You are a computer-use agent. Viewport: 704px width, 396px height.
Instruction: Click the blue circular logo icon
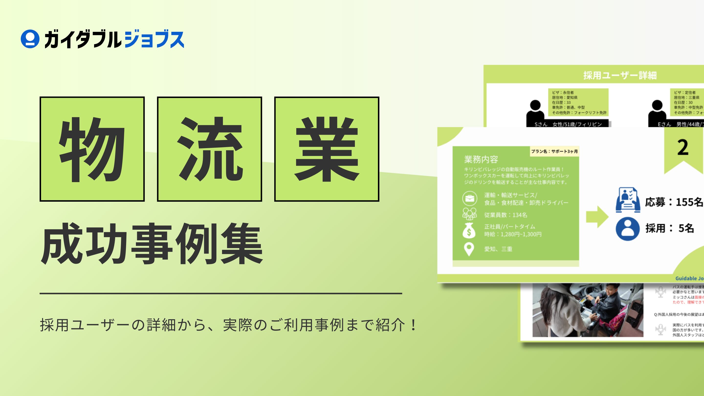[30, 39]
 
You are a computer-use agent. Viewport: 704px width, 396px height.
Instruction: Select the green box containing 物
[92, 149]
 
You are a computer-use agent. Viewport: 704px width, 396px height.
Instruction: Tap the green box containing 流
[209, 149]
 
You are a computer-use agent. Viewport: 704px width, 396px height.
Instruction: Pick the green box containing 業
[327, 149]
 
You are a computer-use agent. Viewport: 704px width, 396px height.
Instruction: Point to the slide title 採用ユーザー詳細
[620, 75]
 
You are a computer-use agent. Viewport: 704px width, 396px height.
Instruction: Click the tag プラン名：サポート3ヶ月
[554, 151]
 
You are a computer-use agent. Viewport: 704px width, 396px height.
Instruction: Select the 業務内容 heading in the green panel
[481, 159]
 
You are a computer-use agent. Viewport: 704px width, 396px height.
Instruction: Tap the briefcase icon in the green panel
[470, 198]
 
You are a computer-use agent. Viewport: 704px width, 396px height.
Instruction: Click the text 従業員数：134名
[506, 215]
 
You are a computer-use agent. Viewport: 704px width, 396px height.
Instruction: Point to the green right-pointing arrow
[597, 217]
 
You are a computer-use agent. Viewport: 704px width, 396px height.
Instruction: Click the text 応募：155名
[674, 202]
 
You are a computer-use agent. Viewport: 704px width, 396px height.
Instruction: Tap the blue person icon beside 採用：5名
[627, 229]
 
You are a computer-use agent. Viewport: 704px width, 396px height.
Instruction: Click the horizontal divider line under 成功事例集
[220, 294]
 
